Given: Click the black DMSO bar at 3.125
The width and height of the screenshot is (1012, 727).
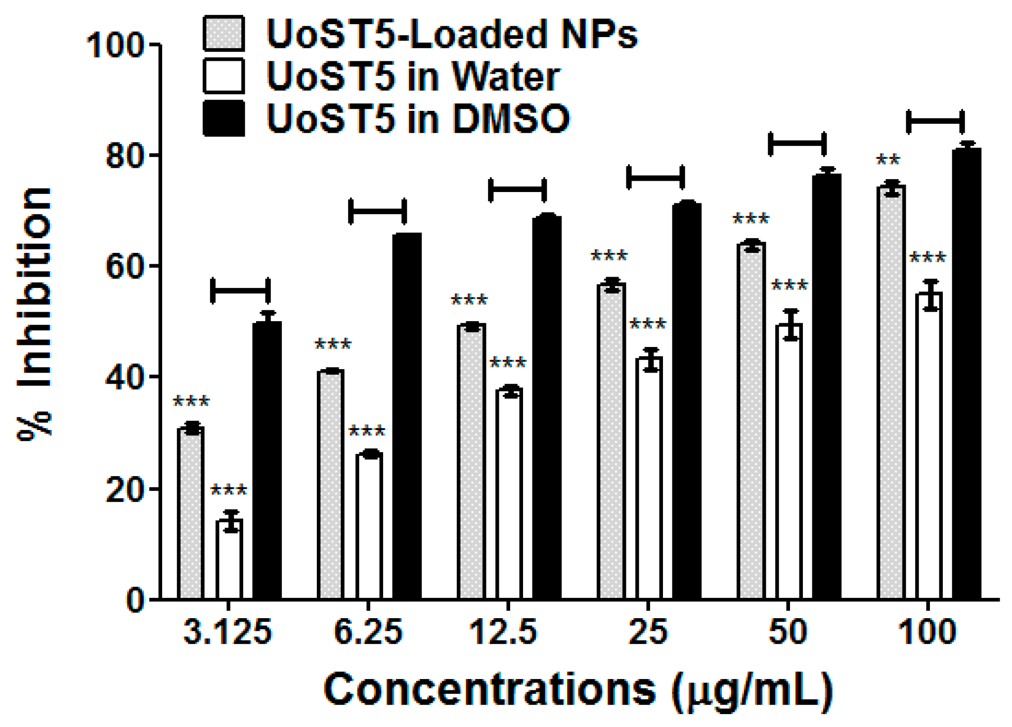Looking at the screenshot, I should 267,460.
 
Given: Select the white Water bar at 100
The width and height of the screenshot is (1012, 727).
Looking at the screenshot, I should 928,445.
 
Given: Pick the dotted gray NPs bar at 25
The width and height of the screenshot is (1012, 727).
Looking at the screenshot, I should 612,440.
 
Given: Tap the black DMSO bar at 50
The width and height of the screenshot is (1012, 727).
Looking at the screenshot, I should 827,386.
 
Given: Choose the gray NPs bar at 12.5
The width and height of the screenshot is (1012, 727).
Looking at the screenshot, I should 472,460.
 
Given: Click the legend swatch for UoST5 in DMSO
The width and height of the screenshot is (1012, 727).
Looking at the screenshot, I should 224,118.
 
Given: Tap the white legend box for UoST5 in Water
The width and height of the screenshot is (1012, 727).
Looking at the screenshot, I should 224,76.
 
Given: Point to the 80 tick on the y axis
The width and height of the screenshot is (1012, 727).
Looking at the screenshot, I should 154,155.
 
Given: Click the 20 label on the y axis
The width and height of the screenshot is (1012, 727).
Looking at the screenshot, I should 124,488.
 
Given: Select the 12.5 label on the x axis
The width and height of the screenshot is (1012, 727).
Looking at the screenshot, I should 502,632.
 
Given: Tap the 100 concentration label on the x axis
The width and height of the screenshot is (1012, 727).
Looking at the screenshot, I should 926,632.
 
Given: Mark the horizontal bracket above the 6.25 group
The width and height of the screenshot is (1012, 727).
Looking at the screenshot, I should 378,211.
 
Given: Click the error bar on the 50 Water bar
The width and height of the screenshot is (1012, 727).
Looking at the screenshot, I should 791,325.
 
